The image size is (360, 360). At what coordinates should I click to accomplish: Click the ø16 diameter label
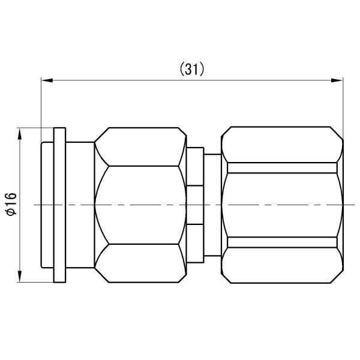(x=10, y=205)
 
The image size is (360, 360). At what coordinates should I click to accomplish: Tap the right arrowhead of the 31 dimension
(x=337, y=79)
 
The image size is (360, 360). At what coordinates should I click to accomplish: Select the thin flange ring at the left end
(x=59, y=205)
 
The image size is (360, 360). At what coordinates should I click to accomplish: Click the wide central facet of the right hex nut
(x=283, y=205)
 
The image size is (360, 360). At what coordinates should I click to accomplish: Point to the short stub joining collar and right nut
(x=213, y=205)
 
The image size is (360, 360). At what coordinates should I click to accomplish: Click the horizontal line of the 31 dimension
(x=120, y=79)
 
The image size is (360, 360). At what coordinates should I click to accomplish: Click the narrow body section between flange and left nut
(x=80, y=205)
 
